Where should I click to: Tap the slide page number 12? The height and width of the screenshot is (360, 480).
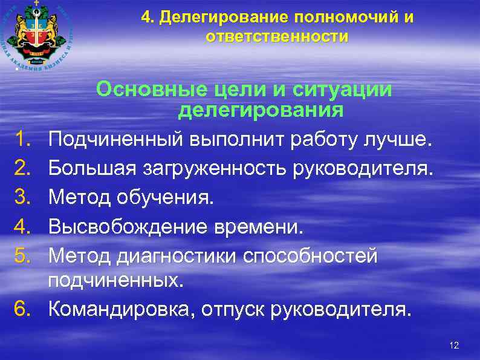455,345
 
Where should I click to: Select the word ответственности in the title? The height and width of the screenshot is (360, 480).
277,36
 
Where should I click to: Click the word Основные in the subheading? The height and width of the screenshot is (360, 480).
153,90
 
